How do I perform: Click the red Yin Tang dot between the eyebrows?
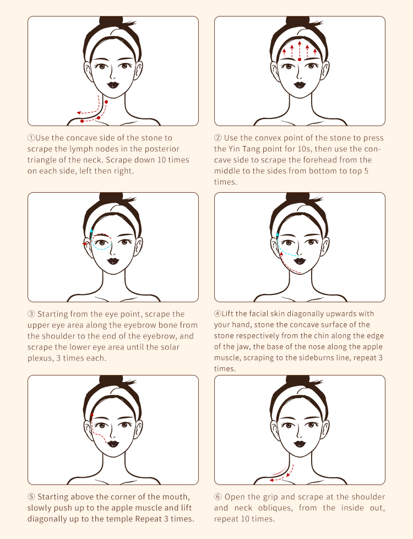tap(300, 59)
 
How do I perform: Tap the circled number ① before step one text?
tap(31, 138)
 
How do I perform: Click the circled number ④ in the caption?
tap(218, 313)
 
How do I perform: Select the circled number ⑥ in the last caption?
tap(218, 497)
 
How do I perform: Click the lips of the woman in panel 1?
tap(113, 84)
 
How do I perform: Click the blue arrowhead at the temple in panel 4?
tap(278, 235)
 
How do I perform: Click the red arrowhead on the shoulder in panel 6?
tap(271, 480)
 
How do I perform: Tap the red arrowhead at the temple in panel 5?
tap(92, 415)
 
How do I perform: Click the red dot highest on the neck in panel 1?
tap(106, 102)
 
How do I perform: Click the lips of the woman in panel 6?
tap(300, 444)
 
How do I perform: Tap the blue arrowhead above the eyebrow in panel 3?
tap(91, 231)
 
